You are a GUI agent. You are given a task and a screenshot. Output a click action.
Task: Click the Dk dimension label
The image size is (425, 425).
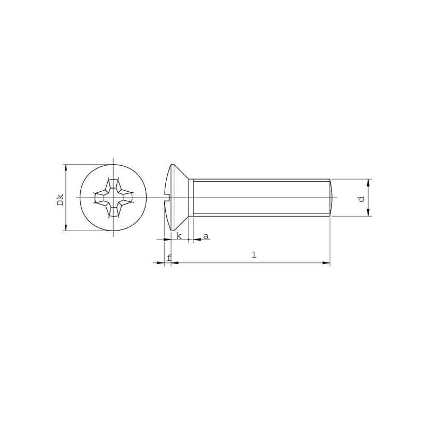61,200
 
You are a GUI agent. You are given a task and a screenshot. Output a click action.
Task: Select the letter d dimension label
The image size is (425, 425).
361,199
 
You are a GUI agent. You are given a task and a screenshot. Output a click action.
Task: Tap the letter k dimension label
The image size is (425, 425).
179,236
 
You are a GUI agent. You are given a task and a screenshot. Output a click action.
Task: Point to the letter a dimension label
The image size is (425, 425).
206,236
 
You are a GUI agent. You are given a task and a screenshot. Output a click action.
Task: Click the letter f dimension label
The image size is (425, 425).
169,258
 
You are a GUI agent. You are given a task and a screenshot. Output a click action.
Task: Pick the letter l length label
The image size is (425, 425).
254,255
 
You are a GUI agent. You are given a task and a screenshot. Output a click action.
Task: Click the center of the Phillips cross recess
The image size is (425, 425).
113,198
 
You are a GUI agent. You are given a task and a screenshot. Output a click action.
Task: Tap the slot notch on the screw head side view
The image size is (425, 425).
167,198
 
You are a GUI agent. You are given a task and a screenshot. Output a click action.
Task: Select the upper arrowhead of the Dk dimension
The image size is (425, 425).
65,168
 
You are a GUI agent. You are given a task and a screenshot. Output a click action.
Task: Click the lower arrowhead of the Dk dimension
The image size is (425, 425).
65,227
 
